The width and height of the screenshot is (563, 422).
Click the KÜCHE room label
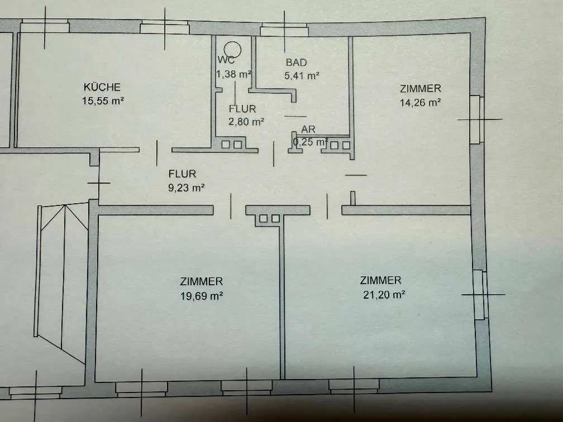pos(102,87)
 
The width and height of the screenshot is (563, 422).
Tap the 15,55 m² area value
pos(103,101)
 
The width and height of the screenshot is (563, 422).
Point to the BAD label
pos(296,63)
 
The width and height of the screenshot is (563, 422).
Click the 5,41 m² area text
pos(302,76)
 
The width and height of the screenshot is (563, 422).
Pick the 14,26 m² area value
pos(420,103)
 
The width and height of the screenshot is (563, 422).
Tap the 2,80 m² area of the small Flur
pos(246,122)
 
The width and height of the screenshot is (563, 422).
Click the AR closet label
pos(308,129)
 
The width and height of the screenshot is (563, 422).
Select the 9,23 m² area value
pos(187,188)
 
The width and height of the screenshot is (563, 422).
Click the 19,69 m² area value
pos(202,296)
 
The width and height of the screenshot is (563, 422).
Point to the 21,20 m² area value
pos(384,295)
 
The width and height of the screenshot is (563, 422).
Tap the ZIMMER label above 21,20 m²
pos(380,280)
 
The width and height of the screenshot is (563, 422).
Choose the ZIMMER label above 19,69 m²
pos(202,281)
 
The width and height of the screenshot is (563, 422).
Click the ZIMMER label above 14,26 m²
pos(420,88)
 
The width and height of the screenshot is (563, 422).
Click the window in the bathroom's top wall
pos(284,30)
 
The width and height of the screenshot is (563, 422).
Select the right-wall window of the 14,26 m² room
pos(477,119)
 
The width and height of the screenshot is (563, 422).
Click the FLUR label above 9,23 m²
pos(183,174)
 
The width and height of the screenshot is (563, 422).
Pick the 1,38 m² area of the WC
pos(233,74)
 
